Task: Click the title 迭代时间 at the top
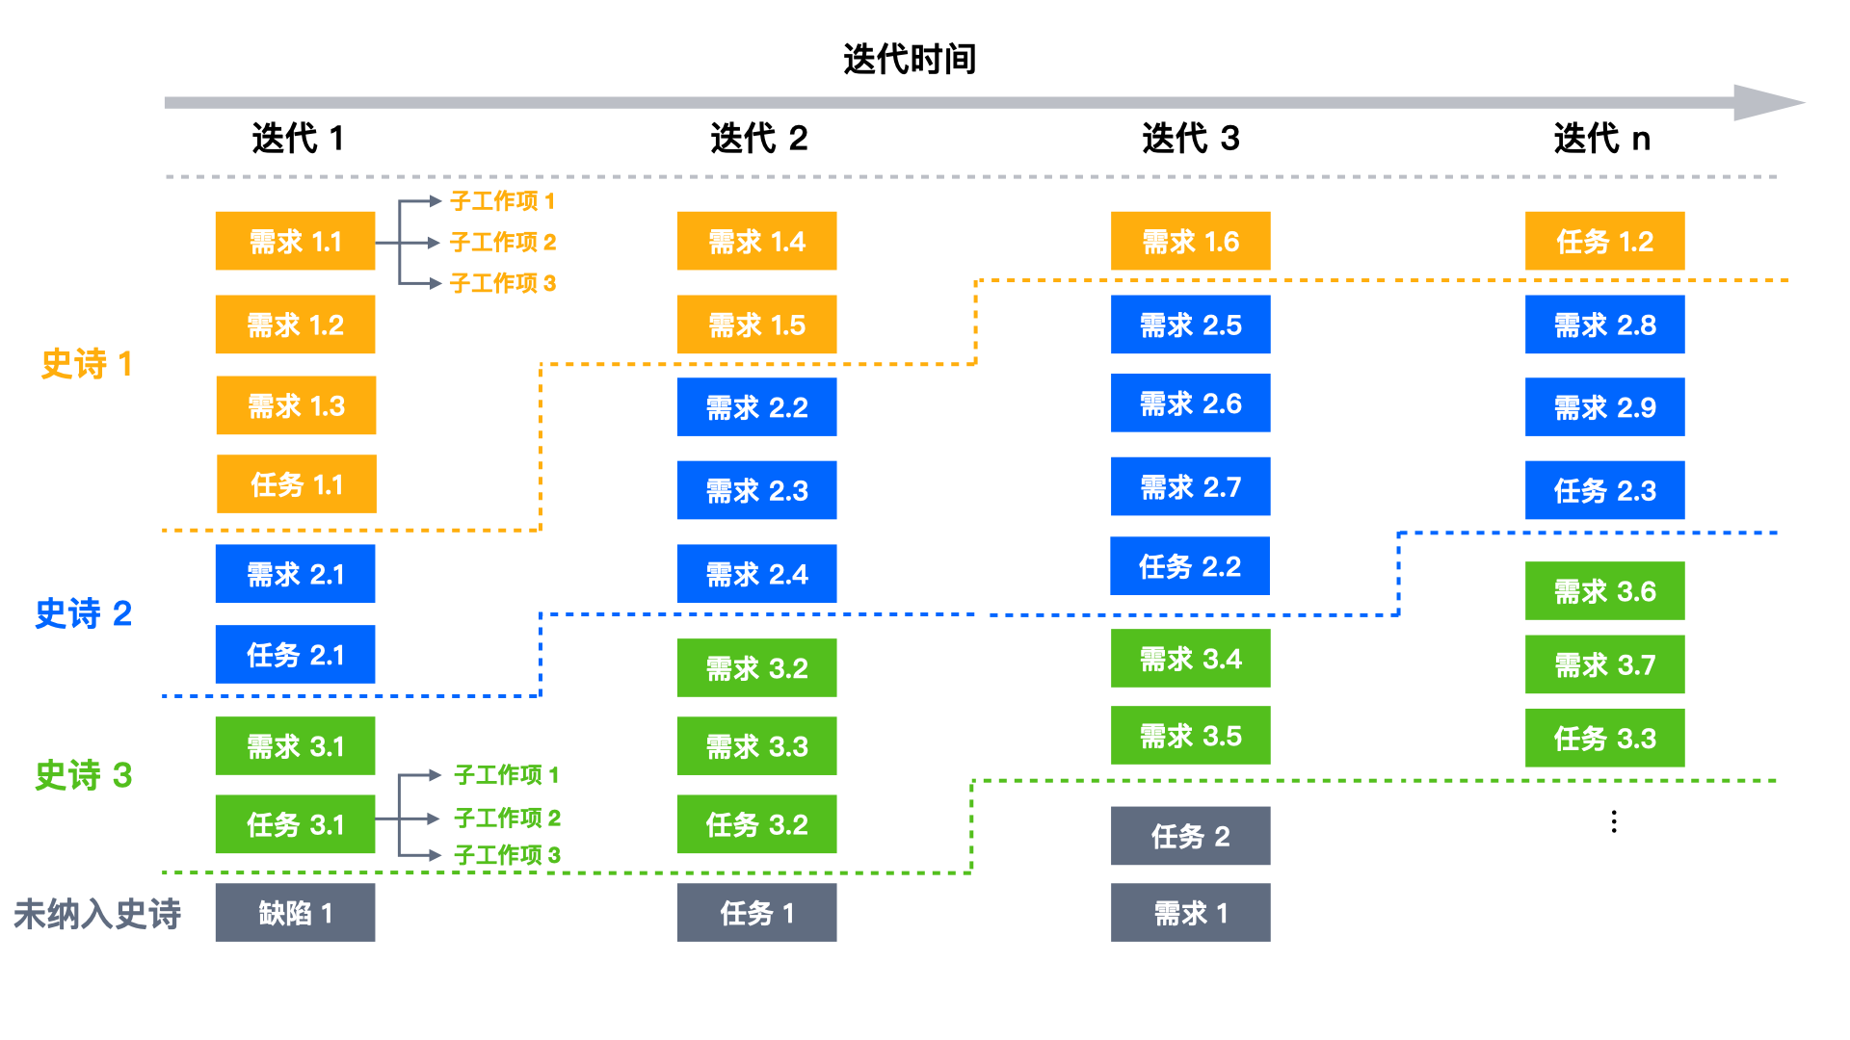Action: pos(910,59)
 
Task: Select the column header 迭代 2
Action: pos(758,139)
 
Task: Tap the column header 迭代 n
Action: pos(1601,139)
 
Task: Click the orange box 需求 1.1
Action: pos(295,241)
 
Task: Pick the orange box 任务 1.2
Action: pos(1604,241)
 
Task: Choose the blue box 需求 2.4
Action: pos(756,574)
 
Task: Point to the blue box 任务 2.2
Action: pos(1190,566)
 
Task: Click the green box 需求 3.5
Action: pos(1190,736)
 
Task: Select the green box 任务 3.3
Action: pos(1604,738)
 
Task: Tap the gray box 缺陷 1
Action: pos(295,913)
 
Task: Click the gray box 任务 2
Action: pos(1190,836)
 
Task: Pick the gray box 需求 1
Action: pos(1190,913)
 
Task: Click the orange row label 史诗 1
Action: pos(86,364)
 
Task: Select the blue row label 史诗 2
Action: pos(83,613)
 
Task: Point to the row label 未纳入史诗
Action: pos(96,914)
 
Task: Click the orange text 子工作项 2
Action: pos(503,242)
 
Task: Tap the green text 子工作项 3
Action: pos(507,855)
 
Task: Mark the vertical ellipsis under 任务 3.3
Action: pos(1614,821)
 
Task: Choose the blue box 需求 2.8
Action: pos(1604,325)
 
